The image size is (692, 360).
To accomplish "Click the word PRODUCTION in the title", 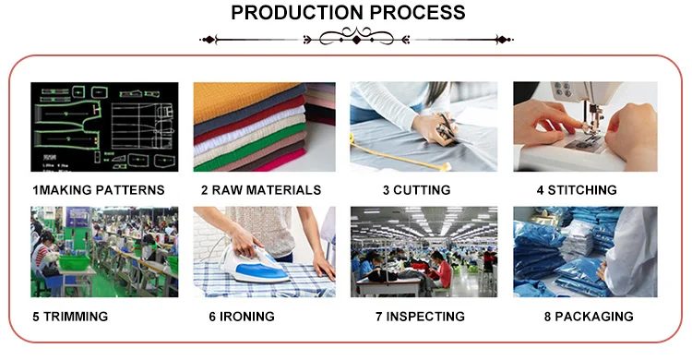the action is (x=297, y=12).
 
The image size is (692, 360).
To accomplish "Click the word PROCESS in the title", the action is (x=417, y=12).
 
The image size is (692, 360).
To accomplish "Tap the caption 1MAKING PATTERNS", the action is (x=99, y=190).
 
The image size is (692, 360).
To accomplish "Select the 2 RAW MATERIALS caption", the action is (x=261, y=190).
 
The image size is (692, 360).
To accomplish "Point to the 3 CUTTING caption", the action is (x=417, y=190).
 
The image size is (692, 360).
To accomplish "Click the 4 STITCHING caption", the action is (x=577, y=190).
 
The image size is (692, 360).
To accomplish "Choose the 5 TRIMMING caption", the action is (x=70, y=317).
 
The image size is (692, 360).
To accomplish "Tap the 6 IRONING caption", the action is (x=242, y=317).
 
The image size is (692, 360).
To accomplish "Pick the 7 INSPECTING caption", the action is (x=420, y=317).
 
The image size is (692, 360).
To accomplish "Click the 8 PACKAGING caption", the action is (x=589, y=317).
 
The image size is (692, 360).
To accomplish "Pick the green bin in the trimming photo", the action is (x=74, y=262).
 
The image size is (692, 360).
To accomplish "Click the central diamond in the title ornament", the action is (x=356, y=41).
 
